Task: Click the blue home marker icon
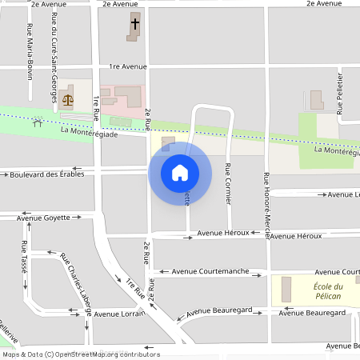180,172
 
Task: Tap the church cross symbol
135,24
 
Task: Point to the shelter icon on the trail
38,122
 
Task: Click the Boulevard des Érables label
47,174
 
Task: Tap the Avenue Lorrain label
119,314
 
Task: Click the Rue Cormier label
229,182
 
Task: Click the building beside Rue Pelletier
317,100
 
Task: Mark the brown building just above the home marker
167,143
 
